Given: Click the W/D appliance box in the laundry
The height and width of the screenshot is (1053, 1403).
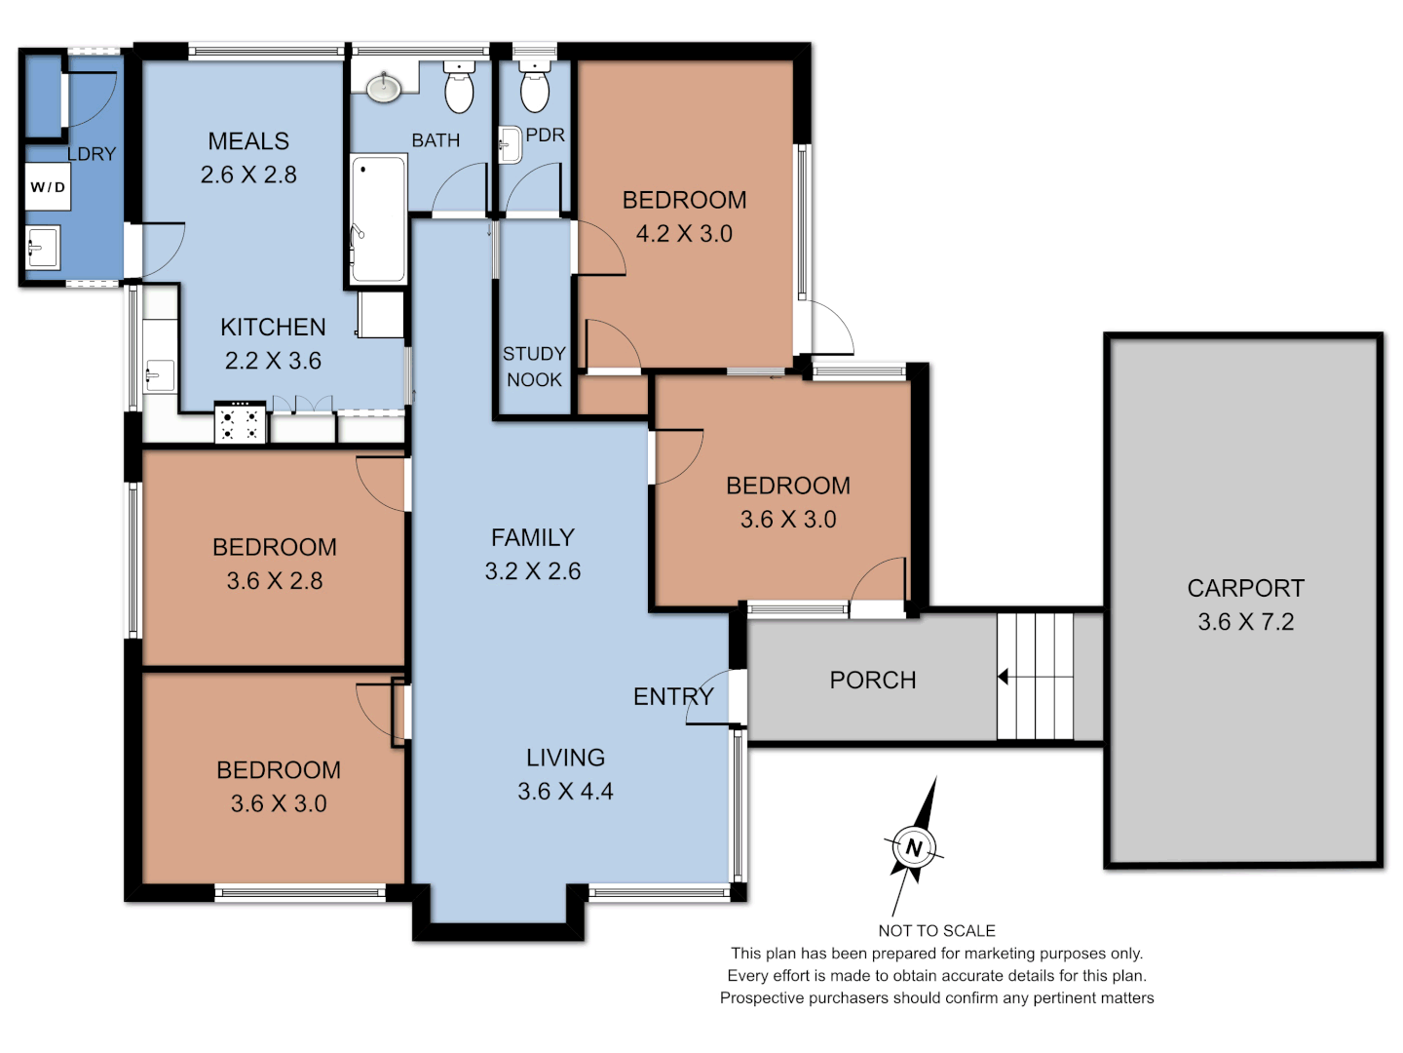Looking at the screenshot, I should tap(47, 187).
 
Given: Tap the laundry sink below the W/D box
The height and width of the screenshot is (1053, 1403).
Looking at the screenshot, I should tap(42, 248).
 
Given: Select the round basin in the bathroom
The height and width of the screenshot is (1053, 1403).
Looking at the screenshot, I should tap(384, 89).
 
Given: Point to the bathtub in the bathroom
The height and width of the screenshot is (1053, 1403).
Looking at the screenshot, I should tap(378, 218).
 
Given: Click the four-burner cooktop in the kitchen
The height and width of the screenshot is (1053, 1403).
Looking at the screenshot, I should tap(240, 423).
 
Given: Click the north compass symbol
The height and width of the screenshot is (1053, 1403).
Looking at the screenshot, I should tap(914, 847).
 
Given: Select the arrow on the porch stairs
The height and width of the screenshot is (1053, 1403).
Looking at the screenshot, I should tap(1003, 677).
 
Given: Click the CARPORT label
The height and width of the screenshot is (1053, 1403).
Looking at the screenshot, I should tap(1245, 588).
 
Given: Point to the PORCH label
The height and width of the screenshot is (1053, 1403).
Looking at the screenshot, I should tap(872, 681).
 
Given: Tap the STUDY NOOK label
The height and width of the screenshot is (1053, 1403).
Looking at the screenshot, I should tap(534, 367).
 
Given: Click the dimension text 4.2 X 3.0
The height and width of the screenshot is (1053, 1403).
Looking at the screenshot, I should tap(684, 234).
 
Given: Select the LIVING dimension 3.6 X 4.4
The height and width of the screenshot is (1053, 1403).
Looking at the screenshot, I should tap(565, 792).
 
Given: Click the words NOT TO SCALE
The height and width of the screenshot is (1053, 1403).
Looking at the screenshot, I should tap(936, 931).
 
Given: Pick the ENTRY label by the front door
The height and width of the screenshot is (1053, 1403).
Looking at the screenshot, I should tap(673, 697).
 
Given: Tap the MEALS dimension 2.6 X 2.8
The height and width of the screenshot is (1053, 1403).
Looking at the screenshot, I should tap(248, 175).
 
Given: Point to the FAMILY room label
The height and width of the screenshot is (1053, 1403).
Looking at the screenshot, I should tap(532, 537).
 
